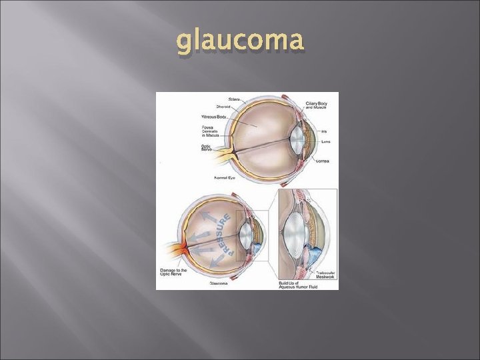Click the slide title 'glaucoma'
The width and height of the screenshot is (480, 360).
coord(241,41)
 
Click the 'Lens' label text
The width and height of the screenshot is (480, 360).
coord(325,142)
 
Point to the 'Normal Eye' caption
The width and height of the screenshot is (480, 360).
coord(224,178)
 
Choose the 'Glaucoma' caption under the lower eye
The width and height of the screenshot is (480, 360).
coord(219,283)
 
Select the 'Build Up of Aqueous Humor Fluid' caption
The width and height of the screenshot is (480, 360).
coord(298,285)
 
